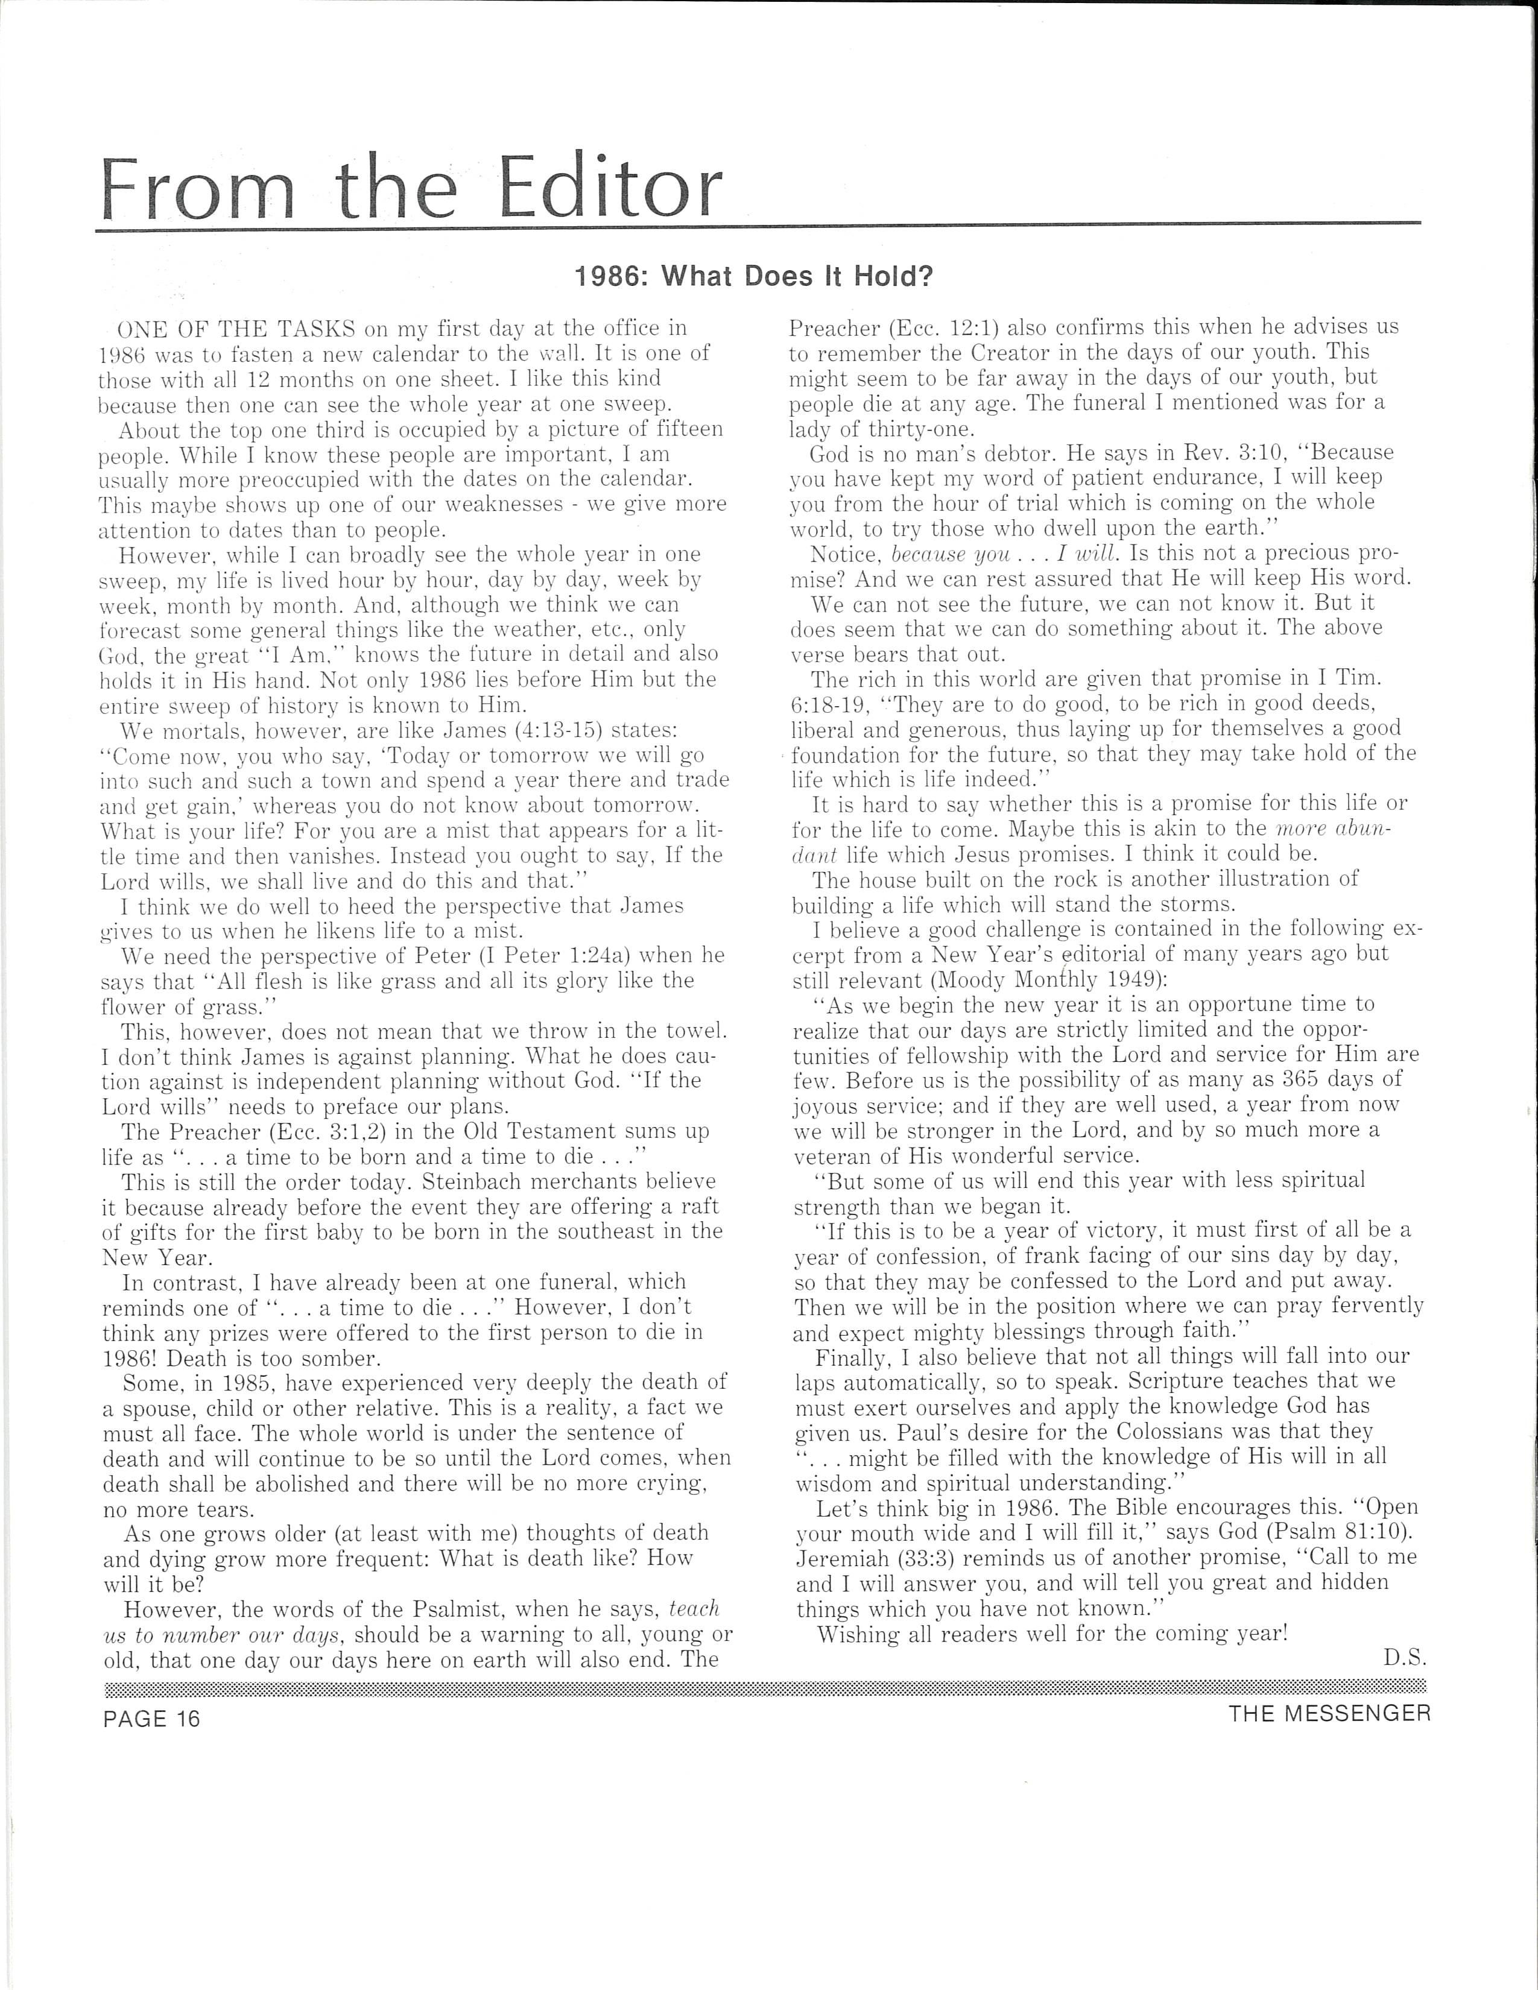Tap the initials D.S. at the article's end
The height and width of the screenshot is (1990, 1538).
pos(1404,1658)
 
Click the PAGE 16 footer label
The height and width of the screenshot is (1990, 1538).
pos(151,1719)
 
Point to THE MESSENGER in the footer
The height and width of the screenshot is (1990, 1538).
pos(1329,1713)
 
